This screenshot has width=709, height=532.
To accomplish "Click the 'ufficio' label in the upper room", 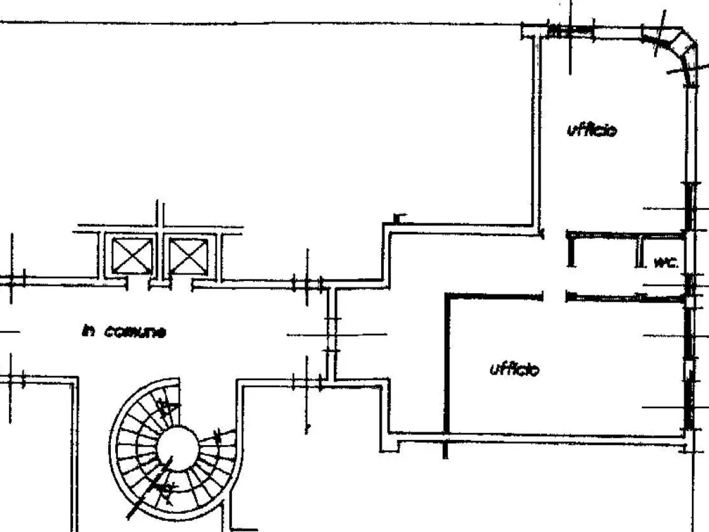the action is pos(592,130).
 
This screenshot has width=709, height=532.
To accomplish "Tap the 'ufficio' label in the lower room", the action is pos(515,369).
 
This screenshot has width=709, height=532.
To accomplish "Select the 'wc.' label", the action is pos(666,263).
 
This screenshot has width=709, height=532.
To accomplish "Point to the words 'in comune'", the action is pos(125,331).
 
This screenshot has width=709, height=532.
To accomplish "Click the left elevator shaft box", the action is pos(132,256).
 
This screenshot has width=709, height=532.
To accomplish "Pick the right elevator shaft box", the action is pos(188,256).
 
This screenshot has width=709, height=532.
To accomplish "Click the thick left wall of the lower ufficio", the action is pos(447,364).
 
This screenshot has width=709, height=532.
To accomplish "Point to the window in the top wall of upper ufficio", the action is pos(571,32).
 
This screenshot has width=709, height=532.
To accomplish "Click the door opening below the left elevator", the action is pos(138,284).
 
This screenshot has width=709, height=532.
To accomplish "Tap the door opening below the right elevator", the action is pos(182,285).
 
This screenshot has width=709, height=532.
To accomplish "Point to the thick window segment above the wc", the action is pos(689,206).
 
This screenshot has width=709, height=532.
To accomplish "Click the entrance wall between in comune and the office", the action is pos(331,334).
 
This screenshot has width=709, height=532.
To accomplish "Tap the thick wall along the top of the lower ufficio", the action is pos(494,296).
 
